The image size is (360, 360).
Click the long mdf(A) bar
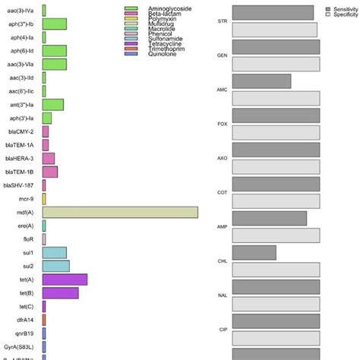(x=120, y=213)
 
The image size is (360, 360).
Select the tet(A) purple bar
(x=65, y=279)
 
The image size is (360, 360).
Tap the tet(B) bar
(x=60, y=292)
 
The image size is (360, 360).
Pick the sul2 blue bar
(x=55, y=266)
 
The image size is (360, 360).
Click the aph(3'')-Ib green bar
(x=54, y=24)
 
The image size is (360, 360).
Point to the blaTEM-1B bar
(x=49, y=172)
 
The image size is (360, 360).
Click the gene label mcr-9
(x=24, y=199)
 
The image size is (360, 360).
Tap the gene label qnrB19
(x=21, y=333)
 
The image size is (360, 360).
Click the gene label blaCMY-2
(x=20, y=131)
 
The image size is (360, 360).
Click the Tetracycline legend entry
(x=168, y=44)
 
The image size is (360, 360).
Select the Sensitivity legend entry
(x=343, y=8)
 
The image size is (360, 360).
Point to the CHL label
(x=223, y=261)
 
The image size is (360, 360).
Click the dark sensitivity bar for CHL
(x=254, y=252)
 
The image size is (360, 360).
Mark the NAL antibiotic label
(x=223, y=295)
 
